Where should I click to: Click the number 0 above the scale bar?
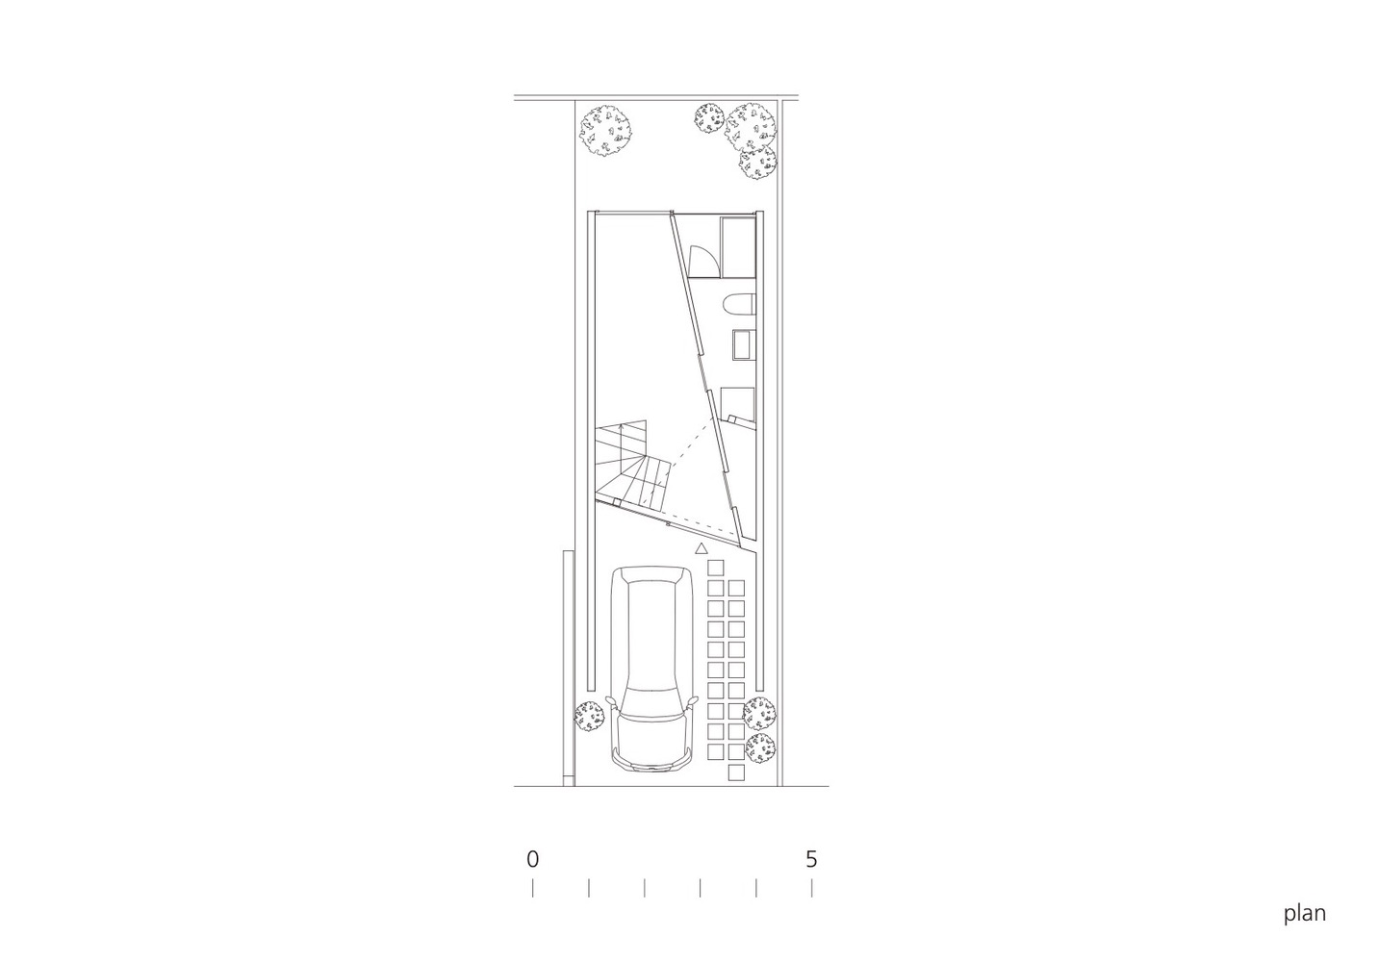(x=533, y=859)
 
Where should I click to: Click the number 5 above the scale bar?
(x=811, y=859)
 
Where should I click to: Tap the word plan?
(x=1304, y=914)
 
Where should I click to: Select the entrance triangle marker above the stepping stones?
(x=701, y=548)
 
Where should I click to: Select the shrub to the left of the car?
(x=590, y=717)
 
